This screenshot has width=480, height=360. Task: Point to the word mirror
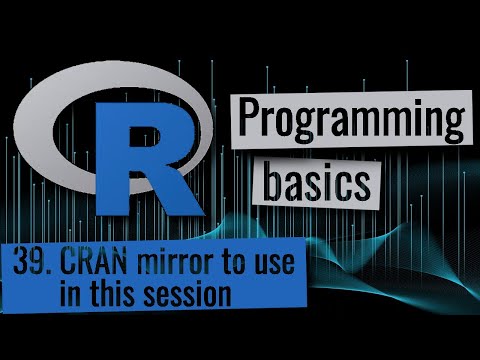[177, 265]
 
